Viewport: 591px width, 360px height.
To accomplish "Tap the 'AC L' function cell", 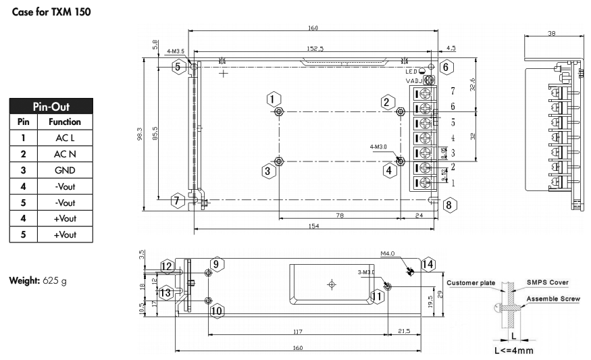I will click(x=64, y=138).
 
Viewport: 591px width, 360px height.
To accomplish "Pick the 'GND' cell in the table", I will click(x=64, y=170).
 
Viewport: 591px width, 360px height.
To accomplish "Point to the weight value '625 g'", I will click(x=54, y=280).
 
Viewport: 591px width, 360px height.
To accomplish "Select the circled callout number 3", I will click(x=268, y=171).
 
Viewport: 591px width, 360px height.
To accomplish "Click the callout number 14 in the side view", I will click(x=426, y=264).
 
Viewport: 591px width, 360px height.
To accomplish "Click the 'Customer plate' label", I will click(x=471, y=282).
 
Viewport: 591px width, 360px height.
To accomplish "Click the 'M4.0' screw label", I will click(x=387, y=254).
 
